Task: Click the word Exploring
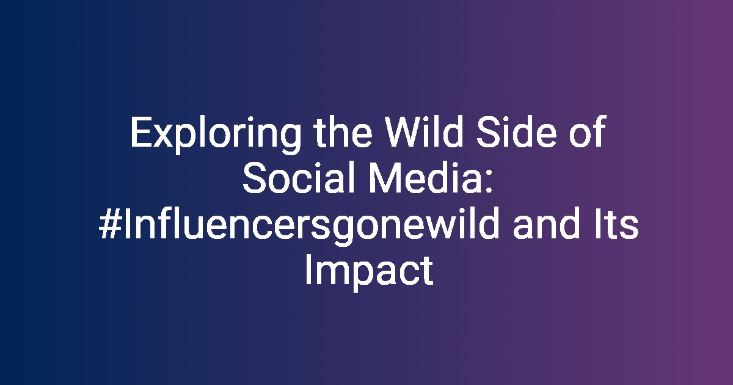coord(216,134)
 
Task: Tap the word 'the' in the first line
coord(343,131)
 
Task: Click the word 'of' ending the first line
coord(588,131)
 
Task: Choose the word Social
coord(299,178)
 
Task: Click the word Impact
coord(370,273)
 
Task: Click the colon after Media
coord(489,182)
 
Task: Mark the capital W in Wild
coord(404,131)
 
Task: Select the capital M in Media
coord(384,178)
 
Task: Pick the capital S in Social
coord(254,178)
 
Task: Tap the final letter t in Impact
coord(428,273)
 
